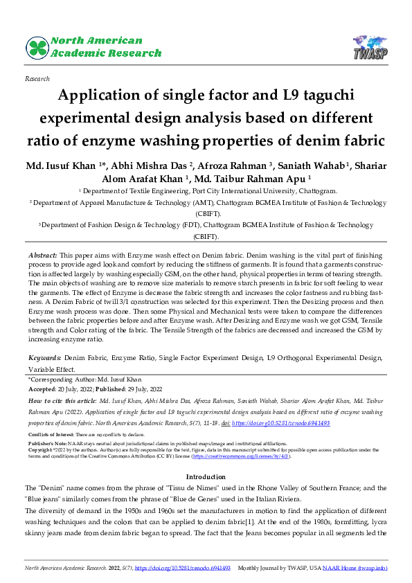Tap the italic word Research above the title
pyautogui.click(x=37, y=80)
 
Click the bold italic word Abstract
pyautogui.click(x=42, y=256)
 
